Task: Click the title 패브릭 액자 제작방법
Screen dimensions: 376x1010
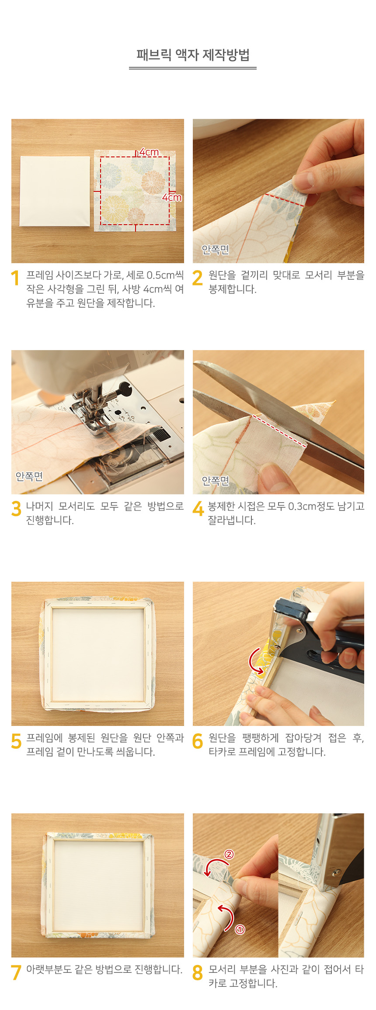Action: pos(193,55)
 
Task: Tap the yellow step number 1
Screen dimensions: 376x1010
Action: pos(15,278)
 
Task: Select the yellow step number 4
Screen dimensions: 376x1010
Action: pos(198,509)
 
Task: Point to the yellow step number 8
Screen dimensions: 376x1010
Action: pos(198,972)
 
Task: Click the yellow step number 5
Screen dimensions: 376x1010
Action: pos(16,741)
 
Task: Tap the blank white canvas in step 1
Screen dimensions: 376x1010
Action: pos(55,191)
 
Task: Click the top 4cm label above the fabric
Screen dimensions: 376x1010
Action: pos(149,152)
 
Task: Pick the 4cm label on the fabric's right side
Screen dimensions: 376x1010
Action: pos(172,198)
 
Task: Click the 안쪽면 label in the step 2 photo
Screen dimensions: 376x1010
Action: pos(215,250)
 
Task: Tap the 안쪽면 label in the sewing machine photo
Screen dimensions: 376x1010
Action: pos(29,476)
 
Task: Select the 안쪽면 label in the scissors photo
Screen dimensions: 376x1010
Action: pos(215,481)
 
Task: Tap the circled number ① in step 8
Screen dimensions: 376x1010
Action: pos(240,930)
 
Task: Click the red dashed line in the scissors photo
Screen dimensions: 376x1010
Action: pos(280,431)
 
